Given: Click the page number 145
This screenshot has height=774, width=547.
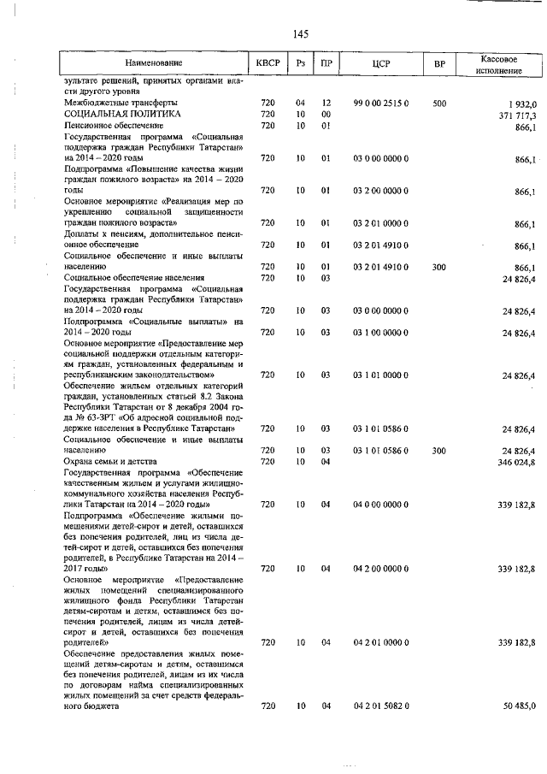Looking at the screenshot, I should [x=299, y=34].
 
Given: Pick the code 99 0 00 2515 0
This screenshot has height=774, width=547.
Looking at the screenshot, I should [x=381, y=103].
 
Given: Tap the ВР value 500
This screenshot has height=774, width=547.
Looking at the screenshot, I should [x=439, y=103].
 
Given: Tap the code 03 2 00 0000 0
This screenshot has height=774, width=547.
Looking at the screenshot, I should [x=381, y=190].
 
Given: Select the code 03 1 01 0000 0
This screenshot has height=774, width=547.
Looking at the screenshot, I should [x=381, y=375].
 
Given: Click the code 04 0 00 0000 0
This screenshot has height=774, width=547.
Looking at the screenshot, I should [x=381, y=505].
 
